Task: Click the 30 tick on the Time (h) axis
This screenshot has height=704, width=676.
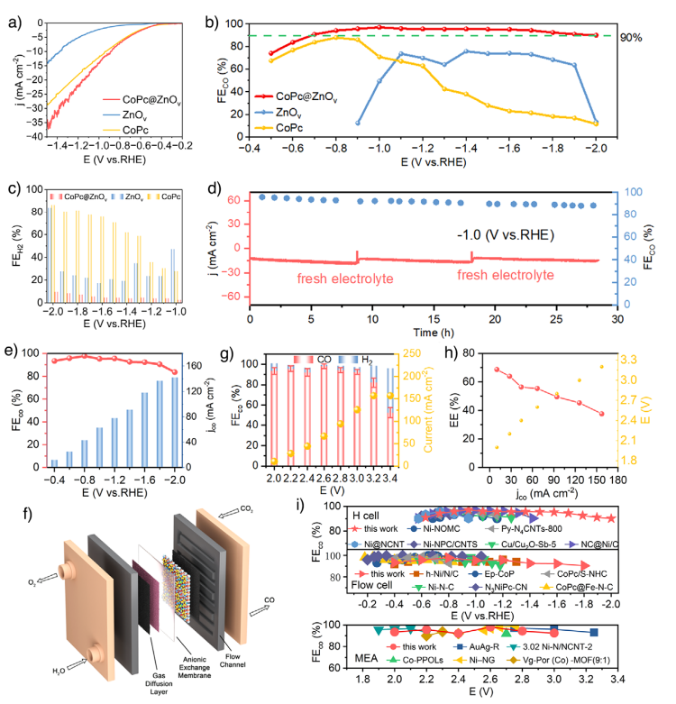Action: coord(617,317)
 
